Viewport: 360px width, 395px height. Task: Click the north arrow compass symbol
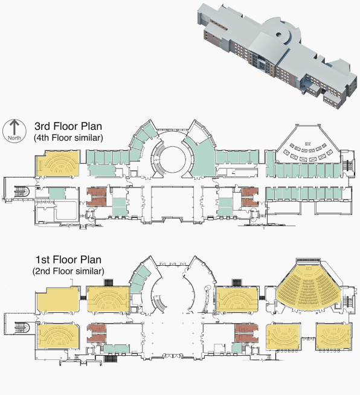[14, 131]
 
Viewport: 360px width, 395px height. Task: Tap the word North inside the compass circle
[14, 138]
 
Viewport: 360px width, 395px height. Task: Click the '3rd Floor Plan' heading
[68, 126]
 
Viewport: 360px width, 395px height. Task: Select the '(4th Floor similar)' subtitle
[68, 138]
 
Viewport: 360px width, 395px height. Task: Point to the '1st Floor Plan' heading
[68, 260]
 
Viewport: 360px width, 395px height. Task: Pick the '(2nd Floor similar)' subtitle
[68, 271]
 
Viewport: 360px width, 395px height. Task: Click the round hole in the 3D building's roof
[278, 34]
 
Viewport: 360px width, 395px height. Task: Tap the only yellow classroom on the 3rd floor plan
[59, 164]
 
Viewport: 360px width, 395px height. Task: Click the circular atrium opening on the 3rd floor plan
[172, 159]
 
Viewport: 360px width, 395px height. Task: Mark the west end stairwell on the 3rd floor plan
[22, 191]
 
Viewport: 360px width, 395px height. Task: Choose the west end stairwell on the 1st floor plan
[22, 327]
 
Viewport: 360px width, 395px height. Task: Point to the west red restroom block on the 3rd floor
[97, 196]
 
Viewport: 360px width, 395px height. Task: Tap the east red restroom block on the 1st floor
[246, 333]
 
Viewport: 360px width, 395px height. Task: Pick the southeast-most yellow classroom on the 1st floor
[333, 336]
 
